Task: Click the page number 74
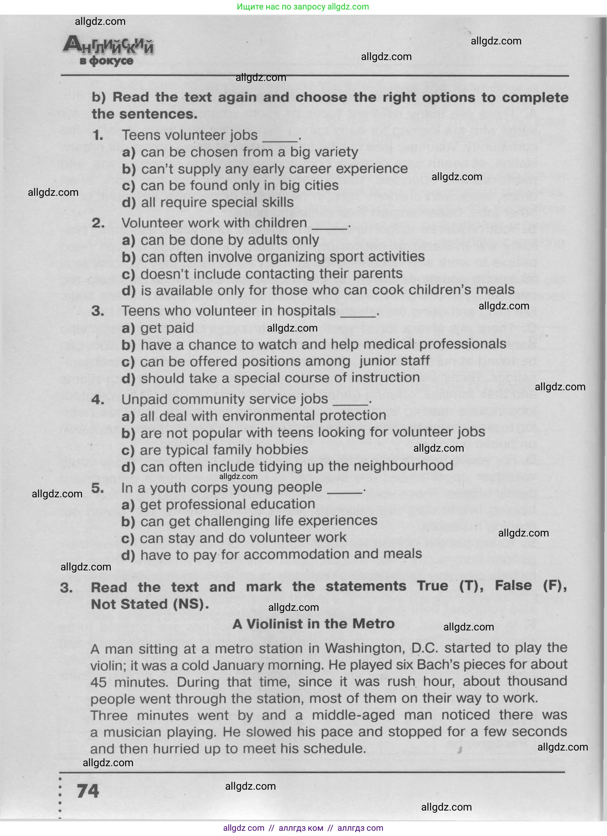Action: coord(88,791)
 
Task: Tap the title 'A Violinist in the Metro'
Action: coord(313,624)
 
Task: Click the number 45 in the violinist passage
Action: coord(99,682)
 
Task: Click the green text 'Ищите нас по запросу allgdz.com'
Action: coord(303,7)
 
